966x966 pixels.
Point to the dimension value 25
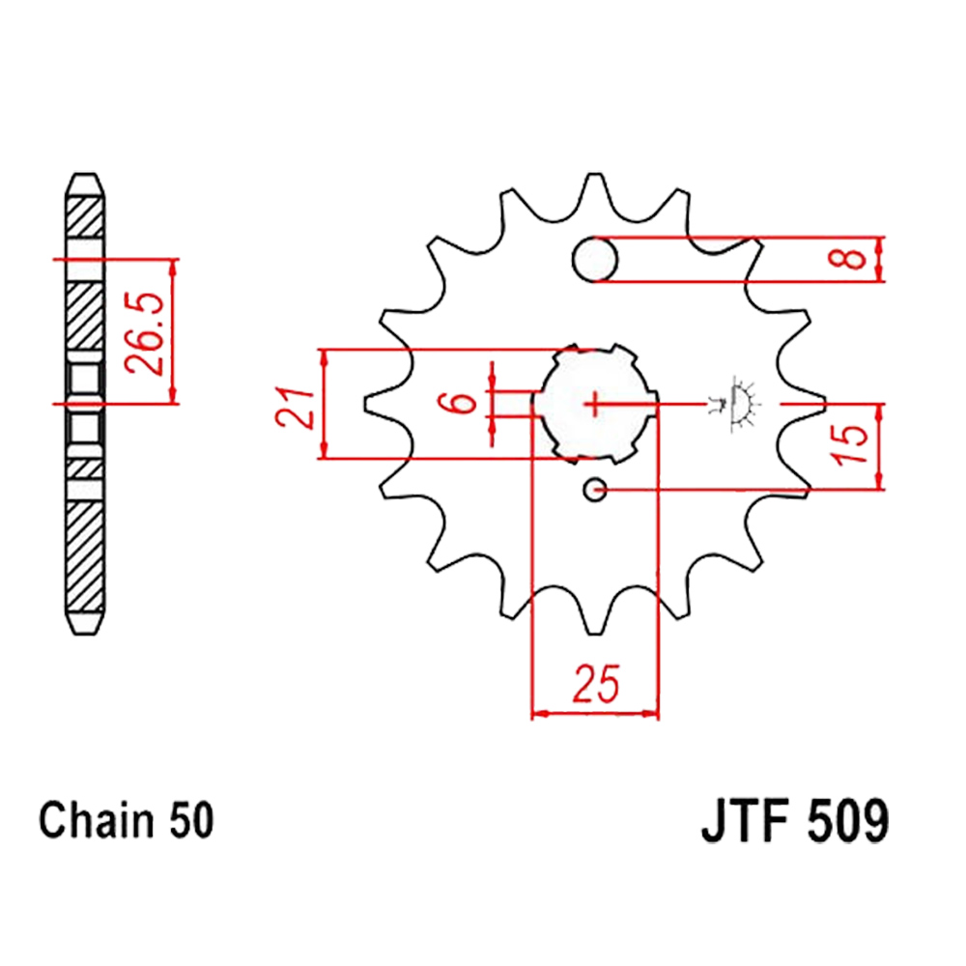[595, 683]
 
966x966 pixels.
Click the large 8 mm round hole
[594, 259]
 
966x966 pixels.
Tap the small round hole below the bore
[595, 491]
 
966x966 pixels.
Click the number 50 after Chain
[188, 821]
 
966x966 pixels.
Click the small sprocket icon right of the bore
[739, 403]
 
